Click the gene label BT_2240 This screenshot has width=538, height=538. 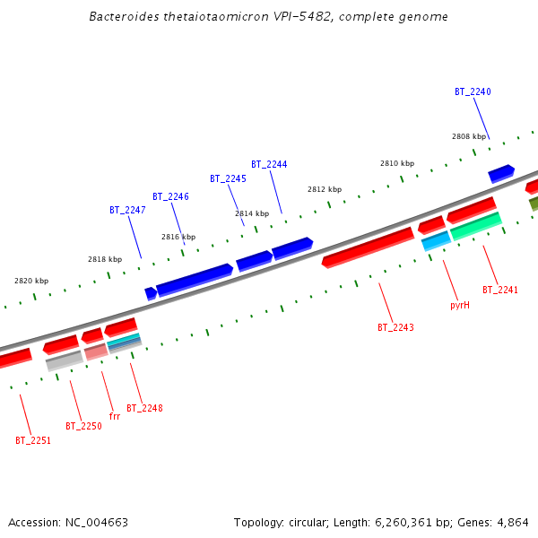pyautogui.click(x=473, y=92)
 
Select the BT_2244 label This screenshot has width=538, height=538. pyautogui.click(x=269, y=165)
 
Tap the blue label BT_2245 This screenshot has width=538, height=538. pyautogui.click(x=228, y=179)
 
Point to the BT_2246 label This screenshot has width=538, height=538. pyautogui.click(x=170, y=197)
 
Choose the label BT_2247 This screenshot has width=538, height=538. pyautogui.click(x=127, y=211)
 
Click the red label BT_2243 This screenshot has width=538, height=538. pyautogui.click(x=395, y=328)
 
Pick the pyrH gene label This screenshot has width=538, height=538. pyautogui.click(x=460, y=306)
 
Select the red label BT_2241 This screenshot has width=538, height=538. pyautogui.click(x=500, y=291)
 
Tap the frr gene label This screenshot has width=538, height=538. pyautogui.click(x=114, y=417)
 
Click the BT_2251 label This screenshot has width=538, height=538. pyautogui.click(x=33, y=441)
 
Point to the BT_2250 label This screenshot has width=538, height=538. pyautogui.click(x=83, y=427)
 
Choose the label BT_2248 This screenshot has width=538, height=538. pyautogui.click(x=144, y=409)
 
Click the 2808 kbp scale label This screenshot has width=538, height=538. pyautogui.click(x=468, y=137)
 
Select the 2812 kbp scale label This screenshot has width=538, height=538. pyautogui.click(x=325, y=190)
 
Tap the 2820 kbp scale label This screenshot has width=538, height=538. pyautogui.click(x=31, y=282)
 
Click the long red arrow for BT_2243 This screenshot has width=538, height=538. pyautogui.click(x=368, y=247)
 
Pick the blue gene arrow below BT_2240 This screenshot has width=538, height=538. pyautogui.click(x=500, y=173)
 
